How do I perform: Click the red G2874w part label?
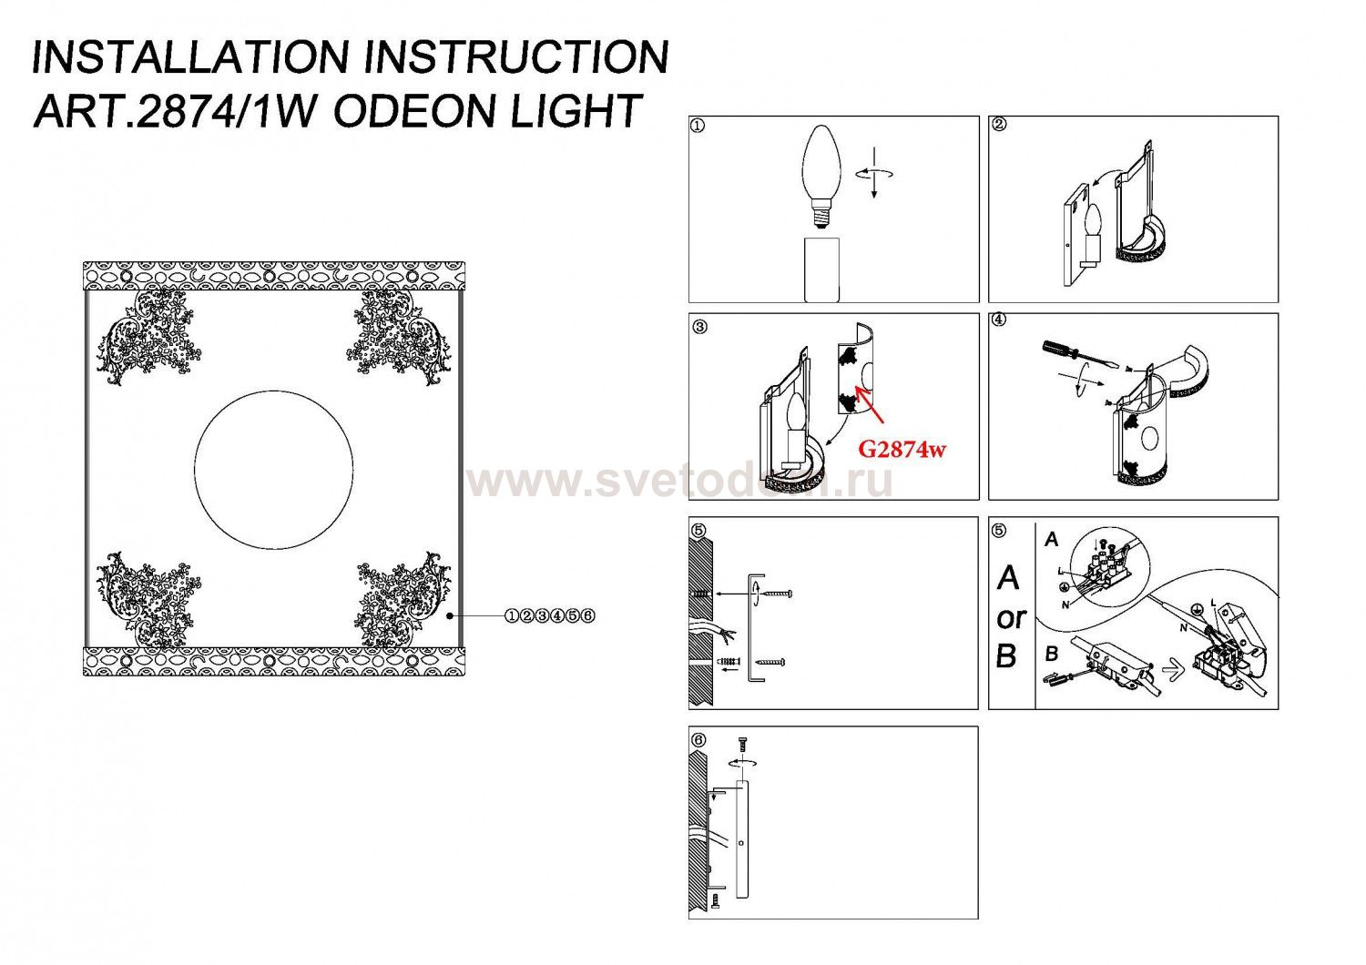tap(902, 450)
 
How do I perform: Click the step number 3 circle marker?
tap(699, 327)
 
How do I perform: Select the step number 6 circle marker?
tap(698, 739)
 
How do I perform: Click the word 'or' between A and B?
tap(1012, 618)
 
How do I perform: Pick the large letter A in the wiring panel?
tap(1008, 578)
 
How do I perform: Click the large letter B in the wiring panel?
tap(1007, 656)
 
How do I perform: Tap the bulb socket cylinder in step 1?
tap(821, 270)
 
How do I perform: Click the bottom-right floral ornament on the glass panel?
tap(403, 599)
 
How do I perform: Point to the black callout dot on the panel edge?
tap(450, 615)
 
